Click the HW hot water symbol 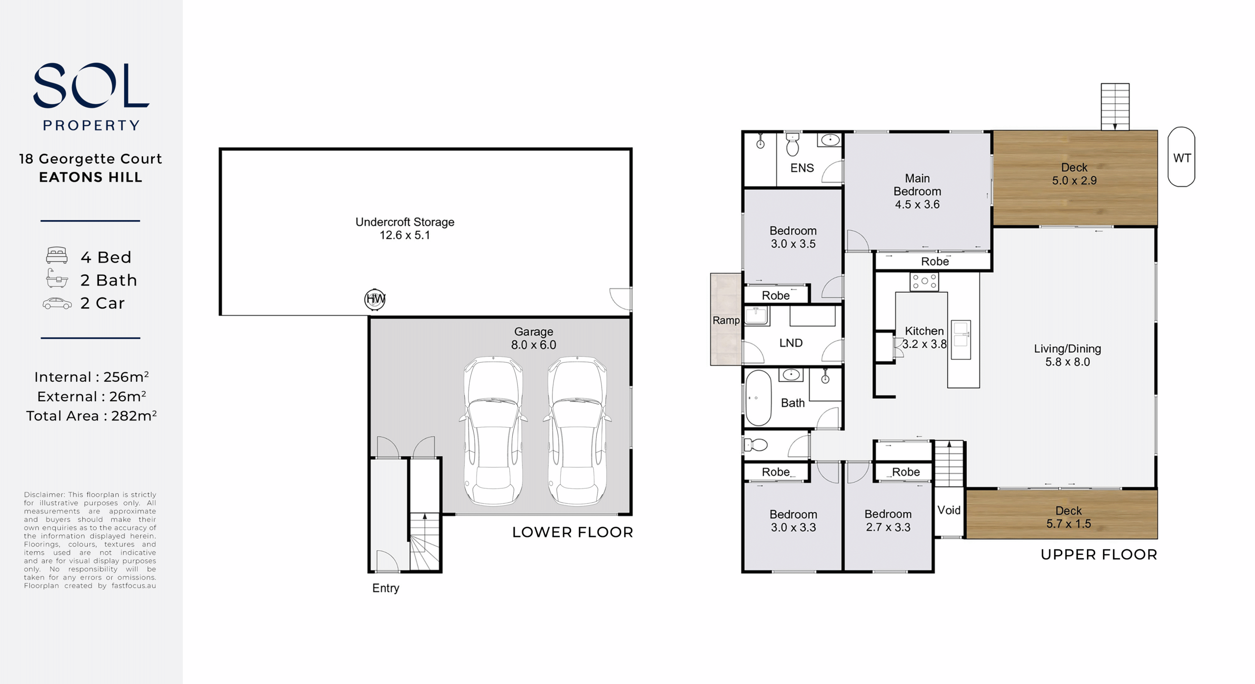[375, 299]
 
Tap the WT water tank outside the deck [1181, 157]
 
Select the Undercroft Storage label [405, 228]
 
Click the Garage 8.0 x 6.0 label [533, 338]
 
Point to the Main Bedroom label [917, 191]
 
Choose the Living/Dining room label [1067, 355]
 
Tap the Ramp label [726, 320]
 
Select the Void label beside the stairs [949, 510]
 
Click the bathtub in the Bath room [758, 397]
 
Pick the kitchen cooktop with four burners [924, 281]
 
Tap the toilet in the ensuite [793, 144]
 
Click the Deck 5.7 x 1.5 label [1069, 517]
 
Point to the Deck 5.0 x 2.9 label [1074, 174]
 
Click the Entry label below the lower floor [386, 588]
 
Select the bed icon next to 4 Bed [57, 255]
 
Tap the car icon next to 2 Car [57, 304]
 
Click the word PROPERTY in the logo [92, 125]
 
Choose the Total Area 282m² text [92, 415]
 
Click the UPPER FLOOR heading [1099, 555]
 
